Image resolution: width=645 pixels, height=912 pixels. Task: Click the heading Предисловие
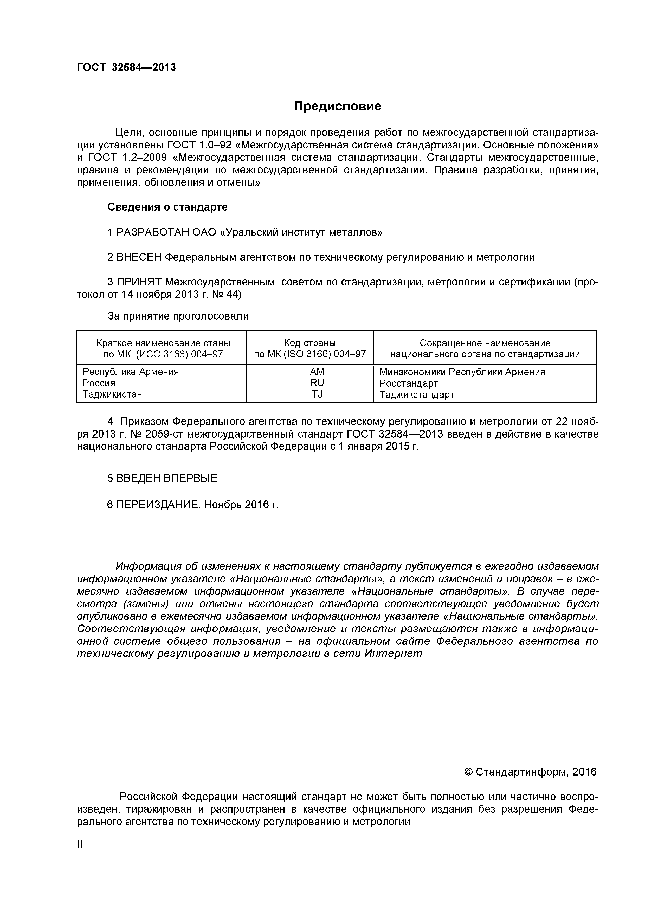coord(337,106)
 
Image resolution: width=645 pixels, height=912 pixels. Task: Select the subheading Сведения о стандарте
coord(167,207)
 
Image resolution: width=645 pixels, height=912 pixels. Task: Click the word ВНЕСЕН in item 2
coord(139,257)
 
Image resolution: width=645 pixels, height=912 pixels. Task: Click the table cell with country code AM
coord(317,372)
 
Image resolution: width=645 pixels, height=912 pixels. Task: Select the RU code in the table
coord(317,383)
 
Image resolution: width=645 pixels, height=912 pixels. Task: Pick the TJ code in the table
coord(317,394)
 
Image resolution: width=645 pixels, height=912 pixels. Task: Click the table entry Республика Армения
coord(131,372)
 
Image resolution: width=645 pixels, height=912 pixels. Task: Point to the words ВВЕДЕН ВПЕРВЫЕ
coord(166,479)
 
